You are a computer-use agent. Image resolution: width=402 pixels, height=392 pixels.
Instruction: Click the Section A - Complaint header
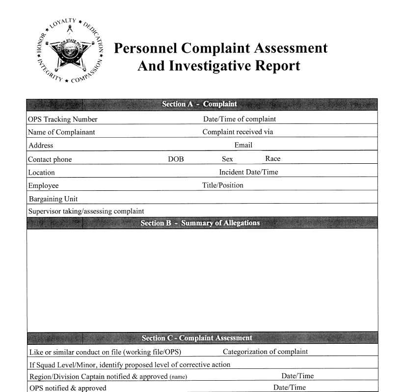(199, 104)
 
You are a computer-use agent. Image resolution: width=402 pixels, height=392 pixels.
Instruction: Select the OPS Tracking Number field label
(63, 119)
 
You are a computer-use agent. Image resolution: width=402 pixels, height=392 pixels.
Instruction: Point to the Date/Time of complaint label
(240, 119)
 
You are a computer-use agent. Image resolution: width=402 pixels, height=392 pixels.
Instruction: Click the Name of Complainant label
(61, 132)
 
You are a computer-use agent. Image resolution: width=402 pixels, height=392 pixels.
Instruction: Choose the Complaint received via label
(238, 132)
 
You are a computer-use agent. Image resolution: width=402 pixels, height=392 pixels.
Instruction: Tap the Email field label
(243, 145)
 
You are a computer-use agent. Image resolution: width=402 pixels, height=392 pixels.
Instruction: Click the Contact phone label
(50, 159)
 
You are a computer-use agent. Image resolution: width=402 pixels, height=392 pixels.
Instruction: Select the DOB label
(176, 159)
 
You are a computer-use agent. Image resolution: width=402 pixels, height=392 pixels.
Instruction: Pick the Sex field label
(227, 159)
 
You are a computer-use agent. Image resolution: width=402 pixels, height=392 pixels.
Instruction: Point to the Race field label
(273, 159)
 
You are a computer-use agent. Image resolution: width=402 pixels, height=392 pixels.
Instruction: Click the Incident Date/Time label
(248, 172)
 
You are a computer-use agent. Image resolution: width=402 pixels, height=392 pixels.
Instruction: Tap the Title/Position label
(223, 185)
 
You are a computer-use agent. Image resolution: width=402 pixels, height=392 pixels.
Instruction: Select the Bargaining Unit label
(53, 199)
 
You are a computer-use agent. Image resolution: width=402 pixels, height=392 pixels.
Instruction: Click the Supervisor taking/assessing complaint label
(86, 211)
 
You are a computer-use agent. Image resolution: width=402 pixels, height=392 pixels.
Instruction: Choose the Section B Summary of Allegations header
(200, 223)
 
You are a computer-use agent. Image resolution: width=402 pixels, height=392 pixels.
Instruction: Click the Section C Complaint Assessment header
(197, 338)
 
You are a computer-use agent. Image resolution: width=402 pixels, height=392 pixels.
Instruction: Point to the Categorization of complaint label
(265, 352)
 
